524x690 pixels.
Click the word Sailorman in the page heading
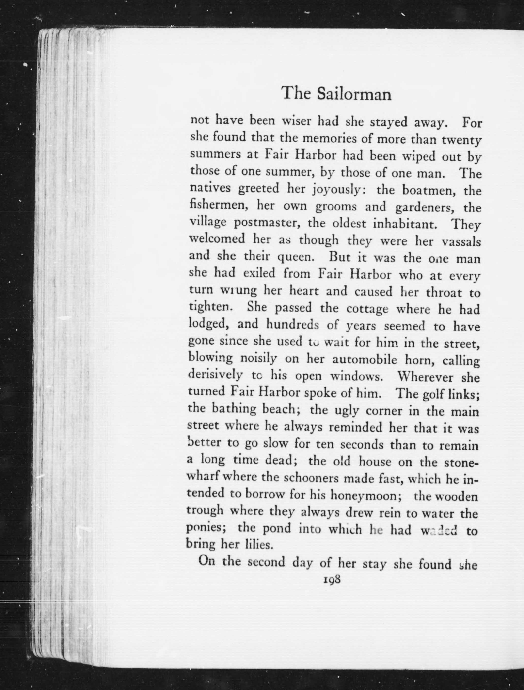[354, 94]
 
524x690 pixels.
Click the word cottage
[367, 309]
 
